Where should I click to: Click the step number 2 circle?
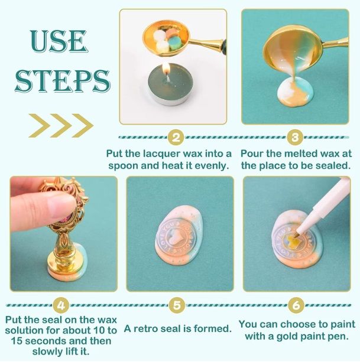coord(176,138)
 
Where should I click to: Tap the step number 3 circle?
coord(295,138)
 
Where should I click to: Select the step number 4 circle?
coord(61,306)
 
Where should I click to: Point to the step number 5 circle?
coord(177,305)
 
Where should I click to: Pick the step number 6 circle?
coord(296,305)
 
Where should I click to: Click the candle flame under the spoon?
coord(166,70)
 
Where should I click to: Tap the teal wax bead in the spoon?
coord(176,44)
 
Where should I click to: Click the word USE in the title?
coord(59,41)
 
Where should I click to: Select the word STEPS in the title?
coord(62,81)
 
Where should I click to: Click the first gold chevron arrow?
coord(39,126)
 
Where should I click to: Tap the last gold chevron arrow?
coord(83,126)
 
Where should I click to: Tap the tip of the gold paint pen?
coord(296,236)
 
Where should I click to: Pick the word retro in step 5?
coord(145,328)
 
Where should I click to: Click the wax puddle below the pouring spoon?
coord(296,92)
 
